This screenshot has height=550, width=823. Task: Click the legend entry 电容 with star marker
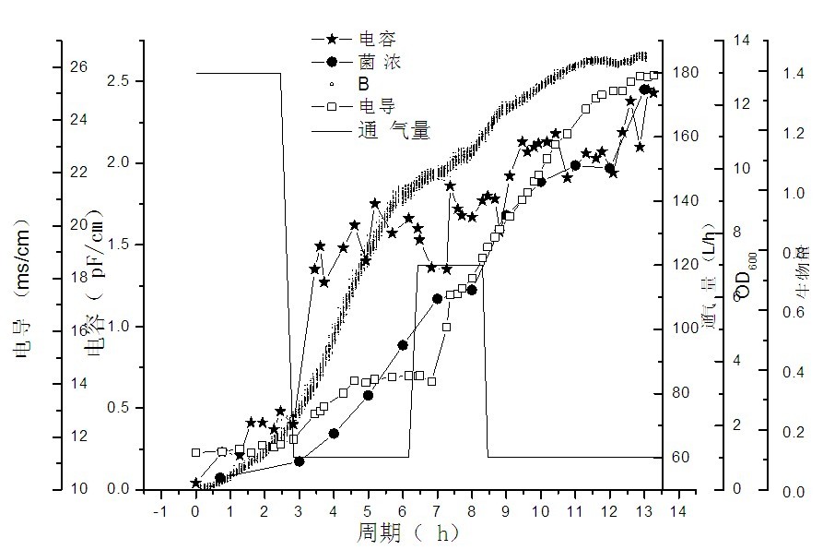[x=378, y=40]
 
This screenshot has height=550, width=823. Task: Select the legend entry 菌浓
[x=378, y=62]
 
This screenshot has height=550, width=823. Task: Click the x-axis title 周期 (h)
[x=409, y=533]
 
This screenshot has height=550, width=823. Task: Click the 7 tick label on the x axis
[x=437, y=510]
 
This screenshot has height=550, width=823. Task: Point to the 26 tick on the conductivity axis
[x=80, y=67]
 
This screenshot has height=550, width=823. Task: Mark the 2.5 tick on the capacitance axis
[x=120, y=81]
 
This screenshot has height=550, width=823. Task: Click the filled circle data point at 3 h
[x=299, y=460]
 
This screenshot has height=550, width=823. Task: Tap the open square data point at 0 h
[x=195, y=452]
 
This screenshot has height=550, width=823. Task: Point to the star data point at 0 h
[x=195, y=484]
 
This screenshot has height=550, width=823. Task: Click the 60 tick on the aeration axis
[x=680, y=458]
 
